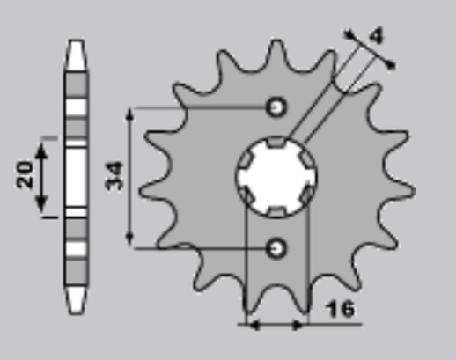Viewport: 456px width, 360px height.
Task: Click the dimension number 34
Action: click(x=114, y=176)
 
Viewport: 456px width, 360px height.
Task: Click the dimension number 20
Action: click(x=25, y=173)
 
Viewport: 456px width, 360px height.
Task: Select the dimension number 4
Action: click(x=376, y=36)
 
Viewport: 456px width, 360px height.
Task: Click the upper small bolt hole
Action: click(x=277, y=107)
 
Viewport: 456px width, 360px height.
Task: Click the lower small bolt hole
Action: click(x=277, y=247)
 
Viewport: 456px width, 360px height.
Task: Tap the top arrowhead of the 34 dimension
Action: click(x=130, y=114)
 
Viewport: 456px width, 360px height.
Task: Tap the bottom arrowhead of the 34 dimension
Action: click(x=130, y=241)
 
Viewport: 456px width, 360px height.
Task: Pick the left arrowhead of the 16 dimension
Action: click(x=253, y=325)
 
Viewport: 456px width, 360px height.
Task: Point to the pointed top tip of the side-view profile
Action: click(x=77, y=41)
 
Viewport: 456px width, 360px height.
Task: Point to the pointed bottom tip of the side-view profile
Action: click(x=77, y=312)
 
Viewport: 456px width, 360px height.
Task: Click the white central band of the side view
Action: click(x=77, y=176)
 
